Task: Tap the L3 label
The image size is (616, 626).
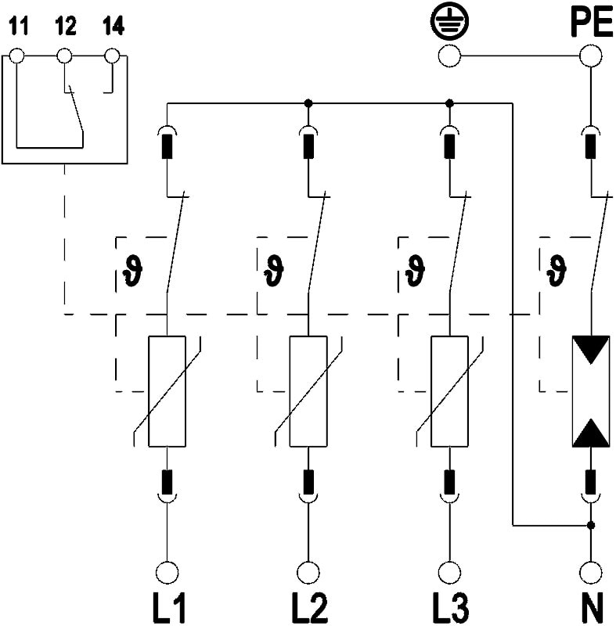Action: tap(449, 607)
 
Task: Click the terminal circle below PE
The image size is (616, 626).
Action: tap(590, 56)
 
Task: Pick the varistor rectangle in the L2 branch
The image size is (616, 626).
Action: tap(308, 391)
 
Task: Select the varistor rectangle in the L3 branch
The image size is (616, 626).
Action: tap(449, 391)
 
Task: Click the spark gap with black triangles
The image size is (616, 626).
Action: tap(590, 391)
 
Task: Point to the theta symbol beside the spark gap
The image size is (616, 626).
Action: tap(557, 268)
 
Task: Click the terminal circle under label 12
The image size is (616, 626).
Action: tap(65, 56)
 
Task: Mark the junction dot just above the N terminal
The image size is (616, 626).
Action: tap(590, 524)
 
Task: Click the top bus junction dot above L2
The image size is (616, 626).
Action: tap(308, 103)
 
